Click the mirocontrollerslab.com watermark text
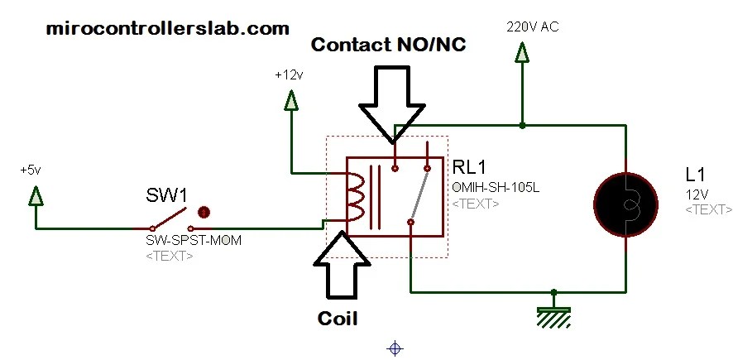[168, 29]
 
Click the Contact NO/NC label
[388, 46]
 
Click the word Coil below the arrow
[338, 318]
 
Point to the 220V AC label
[533, 27]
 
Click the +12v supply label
[290, 74]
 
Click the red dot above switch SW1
[204, 212]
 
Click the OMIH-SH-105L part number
[496, 188]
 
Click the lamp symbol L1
[626, 204]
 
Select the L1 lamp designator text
[695, 175]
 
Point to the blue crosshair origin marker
[395, 348]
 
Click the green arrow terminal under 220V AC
[522, 54]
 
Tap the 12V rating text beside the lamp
[697, 194]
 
